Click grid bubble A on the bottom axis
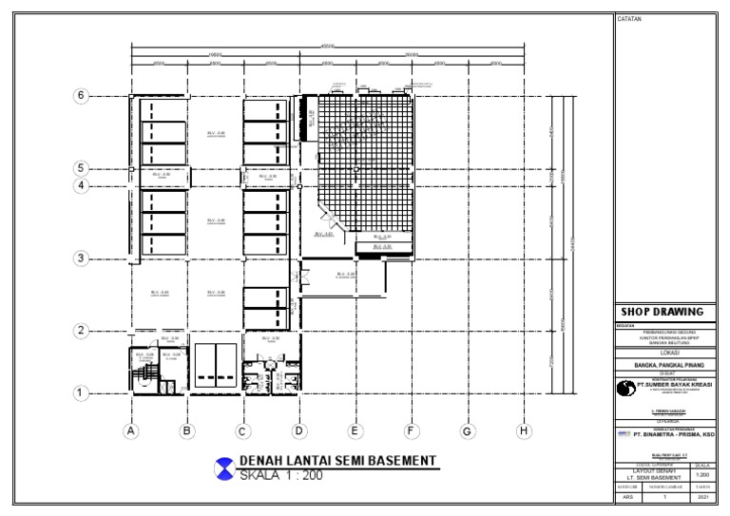click(x=131, y=431)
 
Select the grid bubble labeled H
click(x=523, y=431)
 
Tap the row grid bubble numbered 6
click(x=82, y=96)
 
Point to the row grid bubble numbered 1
click(x=82, y=392)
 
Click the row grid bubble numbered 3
click(x=82, y=258)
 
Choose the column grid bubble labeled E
click(x=355, y=431)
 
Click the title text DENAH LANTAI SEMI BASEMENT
click(x=337, y=461)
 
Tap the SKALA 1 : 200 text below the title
click(x=280, y=475)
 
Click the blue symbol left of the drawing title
click(x=224, y=468)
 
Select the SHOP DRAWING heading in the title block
click(x=662, y=312)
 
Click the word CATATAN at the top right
click(x=630, y=19)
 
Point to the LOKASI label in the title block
click(x=662, y=351)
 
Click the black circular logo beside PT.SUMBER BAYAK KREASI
click(x=625, y=388)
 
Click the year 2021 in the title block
click(x=703, y=496)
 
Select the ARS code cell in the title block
click(x=627, y=496)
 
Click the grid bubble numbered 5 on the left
click(x=82, y=168)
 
